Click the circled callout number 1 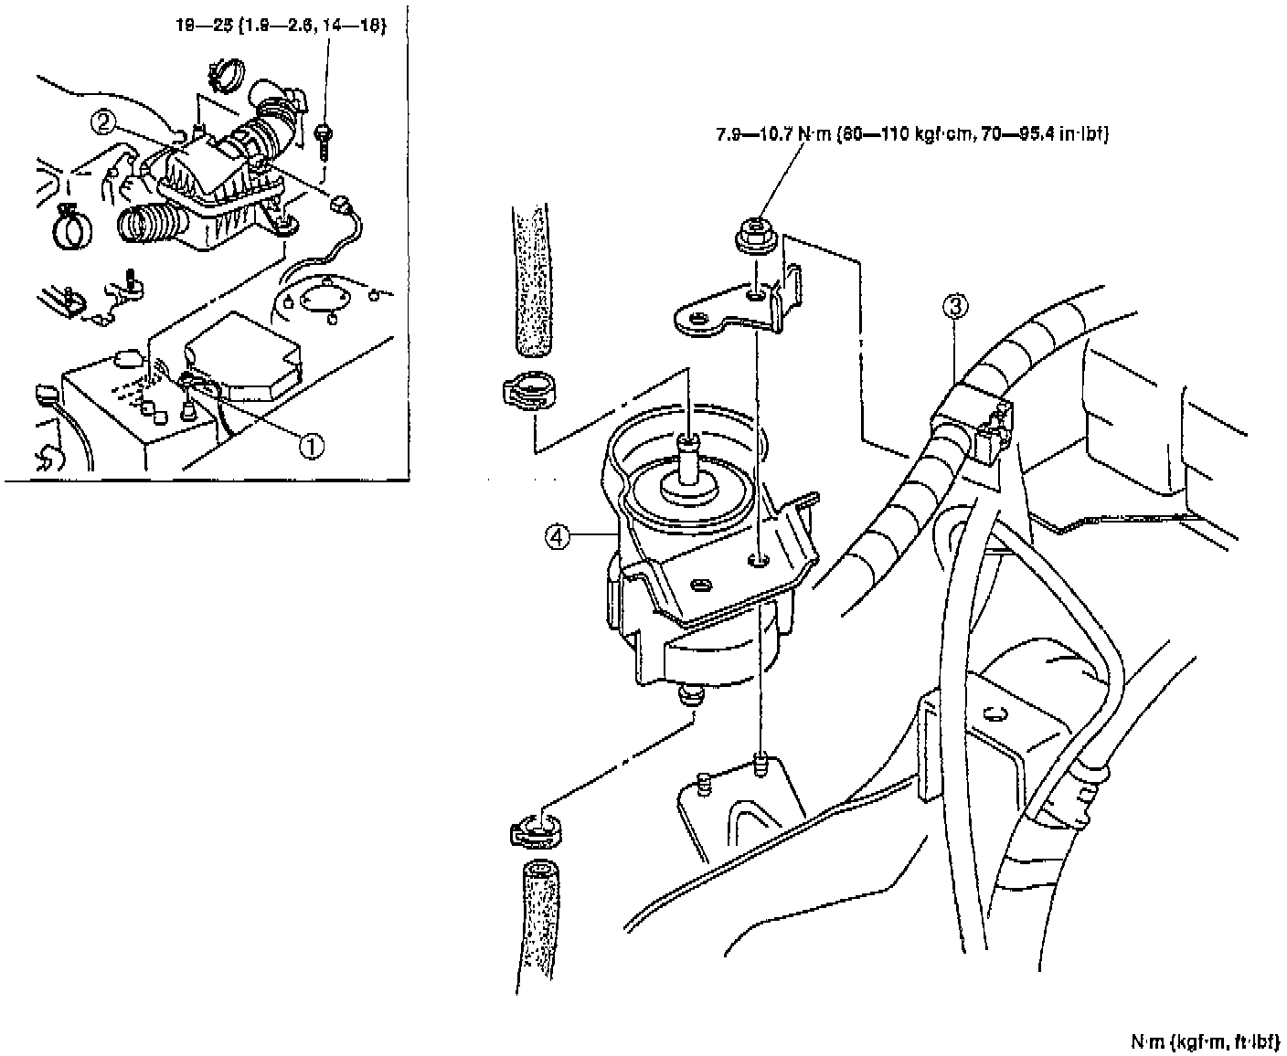click(313, 445)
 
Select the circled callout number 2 click(104, 121)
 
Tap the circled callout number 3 click(955, 308)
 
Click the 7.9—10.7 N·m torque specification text click(911, 136)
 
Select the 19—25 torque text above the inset click(278, 26)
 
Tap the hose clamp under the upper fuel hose click(529, 393)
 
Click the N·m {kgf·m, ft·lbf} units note click(1203, 1040)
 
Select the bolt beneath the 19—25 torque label click(322, 138)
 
